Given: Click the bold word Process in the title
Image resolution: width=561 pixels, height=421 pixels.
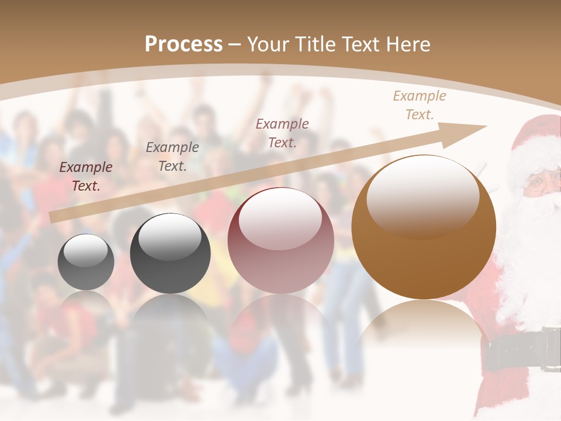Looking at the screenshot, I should click(183, 44).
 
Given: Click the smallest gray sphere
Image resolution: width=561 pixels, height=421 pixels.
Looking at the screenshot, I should click(86, 262).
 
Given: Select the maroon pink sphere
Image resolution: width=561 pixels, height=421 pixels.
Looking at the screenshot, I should click(280, 240).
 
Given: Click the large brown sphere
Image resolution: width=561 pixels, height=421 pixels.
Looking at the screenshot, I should click(424, 227).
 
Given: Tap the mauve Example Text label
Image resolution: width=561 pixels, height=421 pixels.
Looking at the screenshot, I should click(282, 133).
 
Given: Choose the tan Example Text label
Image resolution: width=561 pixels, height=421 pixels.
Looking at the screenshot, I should click(420, 105).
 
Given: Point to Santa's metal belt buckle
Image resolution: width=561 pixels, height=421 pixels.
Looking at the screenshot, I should click(550, 349).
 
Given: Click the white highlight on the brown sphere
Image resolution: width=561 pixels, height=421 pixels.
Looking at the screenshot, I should click(423, 195).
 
